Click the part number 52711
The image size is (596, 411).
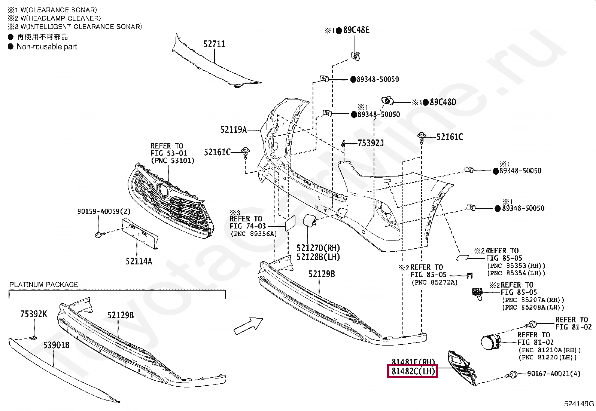pos(214,44)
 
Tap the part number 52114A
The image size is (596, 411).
pos(139,261)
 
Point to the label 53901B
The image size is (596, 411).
pos(56,345)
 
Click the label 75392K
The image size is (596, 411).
pos(34,314)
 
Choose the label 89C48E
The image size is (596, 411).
pos(356,30)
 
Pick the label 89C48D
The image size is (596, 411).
pos(443,102)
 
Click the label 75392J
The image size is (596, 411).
pos(371,143)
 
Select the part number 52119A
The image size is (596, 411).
pos(233,130)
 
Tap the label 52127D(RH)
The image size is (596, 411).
pos(318,248)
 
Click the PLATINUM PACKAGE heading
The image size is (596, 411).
pos(43,285)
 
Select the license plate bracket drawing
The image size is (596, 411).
pos(140,233)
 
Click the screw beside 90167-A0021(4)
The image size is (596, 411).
pos(513,373)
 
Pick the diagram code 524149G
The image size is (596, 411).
pos(579,404)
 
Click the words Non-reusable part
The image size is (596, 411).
pos(47,47)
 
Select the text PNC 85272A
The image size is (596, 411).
pos(434,282)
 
